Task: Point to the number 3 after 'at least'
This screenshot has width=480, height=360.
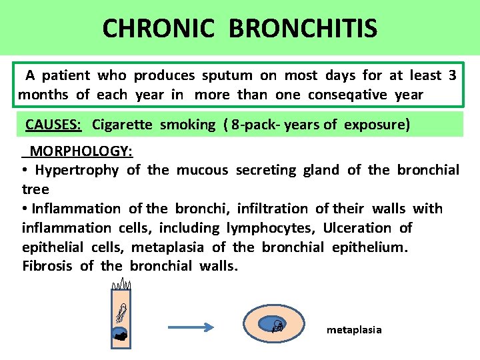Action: pos(453,75)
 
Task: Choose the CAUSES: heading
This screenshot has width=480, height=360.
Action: pos(53,125)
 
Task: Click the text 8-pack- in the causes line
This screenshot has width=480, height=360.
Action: pos(254,125)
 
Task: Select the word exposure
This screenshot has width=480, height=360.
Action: pos(377,125)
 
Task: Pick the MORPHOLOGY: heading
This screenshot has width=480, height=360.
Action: pos(81,151)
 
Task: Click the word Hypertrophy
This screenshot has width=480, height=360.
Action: pos(76,170)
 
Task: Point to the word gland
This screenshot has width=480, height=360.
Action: pos(321,170)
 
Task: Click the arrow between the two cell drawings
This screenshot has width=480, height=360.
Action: pos(190,327)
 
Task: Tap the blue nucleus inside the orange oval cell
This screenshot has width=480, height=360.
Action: pos(274,325)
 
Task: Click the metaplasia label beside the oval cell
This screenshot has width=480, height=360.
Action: pos(354,330)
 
